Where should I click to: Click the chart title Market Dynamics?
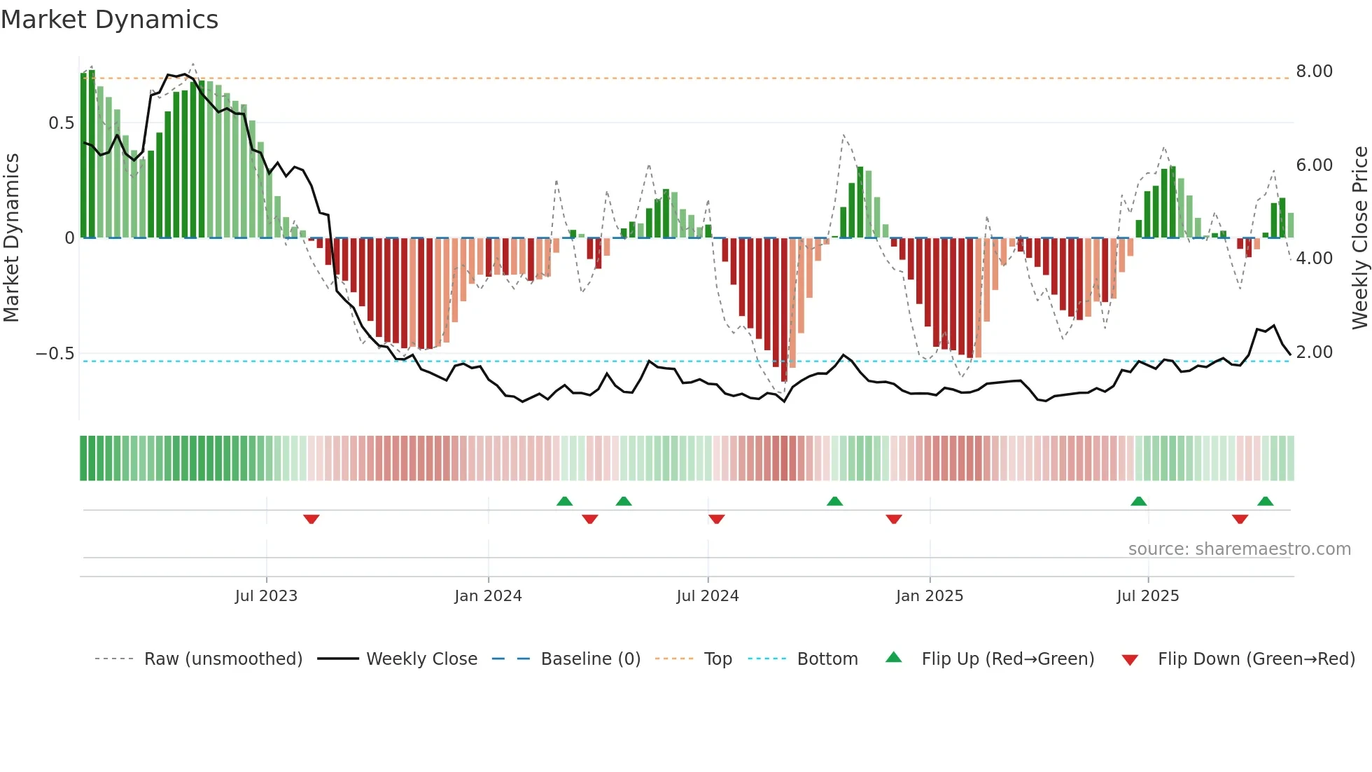pyautogui.click(x=109, y=20)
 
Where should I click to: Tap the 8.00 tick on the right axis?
pyautogui.click(x=1314, y=71)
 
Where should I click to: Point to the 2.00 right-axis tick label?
pyautogui.click(x=1314, y=352)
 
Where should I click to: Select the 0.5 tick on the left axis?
pyautogui.click(x=61, y=123)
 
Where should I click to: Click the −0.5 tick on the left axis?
pyautogui.click(x=55, y=354)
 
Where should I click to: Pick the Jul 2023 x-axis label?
pyautogui.click(x=266, y=596)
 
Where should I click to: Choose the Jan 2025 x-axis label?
pyautogui.click(x=929, y=596)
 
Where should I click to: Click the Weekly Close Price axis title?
pyautogui.click(x=1359, y=238)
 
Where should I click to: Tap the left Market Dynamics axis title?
pyautogui.click(x=11, y=238)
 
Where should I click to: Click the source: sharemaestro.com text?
pyautogui.click(x=1239, y=549)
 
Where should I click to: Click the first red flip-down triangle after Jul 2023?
pyautogui.click(x=311, y=519)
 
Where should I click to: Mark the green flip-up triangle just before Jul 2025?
pyautogui.click(x=1138, y=501)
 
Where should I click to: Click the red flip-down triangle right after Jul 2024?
pyautogui.click(x=716, y=519)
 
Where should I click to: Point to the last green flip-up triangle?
pyautogui.click(x=1265, y=501)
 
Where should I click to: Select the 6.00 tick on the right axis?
pyautogui.click(x=1314, y=165)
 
